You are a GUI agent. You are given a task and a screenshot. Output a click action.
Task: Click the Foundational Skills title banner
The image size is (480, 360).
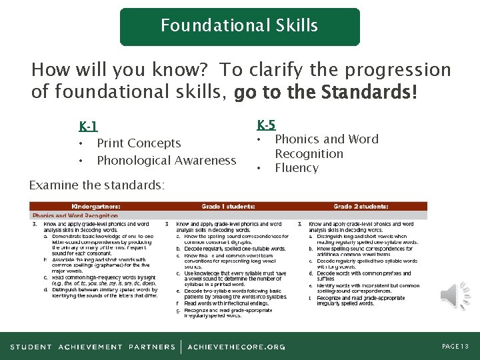pyautogui.click(x=239, y=26)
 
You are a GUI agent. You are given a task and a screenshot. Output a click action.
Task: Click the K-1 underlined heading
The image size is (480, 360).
pyautogui.click(x=88, y=127)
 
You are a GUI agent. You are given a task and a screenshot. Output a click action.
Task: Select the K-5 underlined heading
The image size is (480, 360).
pyautogui.click(x=266, y=125)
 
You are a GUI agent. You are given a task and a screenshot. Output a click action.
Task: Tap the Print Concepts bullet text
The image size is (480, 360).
pyautogui.click(x=139, y=143)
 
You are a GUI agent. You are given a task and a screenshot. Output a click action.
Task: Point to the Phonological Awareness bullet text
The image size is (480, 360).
pyautogui.click(x=167, y=161)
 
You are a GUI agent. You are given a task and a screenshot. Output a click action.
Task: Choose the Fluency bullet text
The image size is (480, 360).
pyautogui.click(x=297, y=168)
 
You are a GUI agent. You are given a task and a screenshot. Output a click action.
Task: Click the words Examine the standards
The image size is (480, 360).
pyautogui.click(x=97, y=185)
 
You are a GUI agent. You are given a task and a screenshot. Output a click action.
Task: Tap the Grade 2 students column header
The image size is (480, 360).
pyautogui.click(x=361, y=207)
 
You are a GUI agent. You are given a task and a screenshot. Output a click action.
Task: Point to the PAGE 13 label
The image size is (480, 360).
pyautogui.click(x=455, y=347)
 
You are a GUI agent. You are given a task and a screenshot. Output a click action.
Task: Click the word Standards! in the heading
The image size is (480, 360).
pyautogui.click(x=376, y=92)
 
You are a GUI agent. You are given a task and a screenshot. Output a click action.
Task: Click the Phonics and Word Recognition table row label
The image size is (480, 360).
pyautogui.click(x=75, y=216)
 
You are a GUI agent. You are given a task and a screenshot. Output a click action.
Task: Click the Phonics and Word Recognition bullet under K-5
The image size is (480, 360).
pyautogui.click(x=326, y=147)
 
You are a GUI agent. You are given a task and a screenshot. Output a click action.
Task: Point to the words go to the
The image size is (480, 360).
pyautogui.click(x=279, y=92)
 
